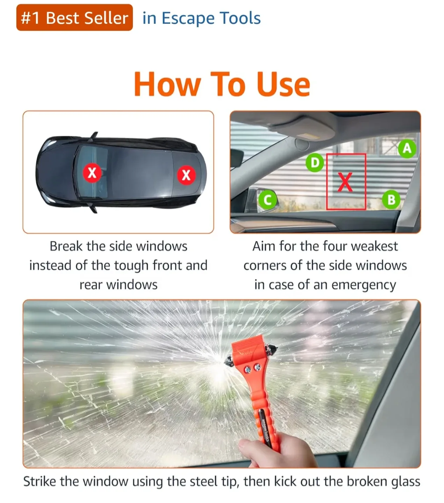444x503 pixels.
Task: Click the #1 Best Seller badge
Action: (74, 18)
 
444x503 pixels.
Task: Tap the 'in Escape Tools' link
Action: (202, 18)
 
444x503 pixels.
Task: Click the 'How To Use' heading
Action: (222, 84)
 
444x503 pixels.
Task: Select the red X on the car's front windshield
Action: (92, 173)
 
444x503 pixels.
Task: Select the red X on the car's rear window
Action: (186, 175)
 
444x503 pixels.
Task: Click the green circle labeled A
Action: (407, 149)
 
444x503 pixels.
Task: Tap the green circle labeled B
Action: (391, 200)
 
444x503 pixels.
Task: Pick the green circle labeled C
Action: (268, 200)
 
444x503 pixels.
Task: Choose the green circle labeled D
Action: (315, 163)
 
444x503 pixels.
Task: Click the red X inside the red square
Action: (345, 182)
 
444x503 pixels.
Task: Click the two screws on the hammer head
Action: (253, 367)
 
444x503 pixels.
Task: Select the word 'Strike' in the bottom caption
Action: (39, 481)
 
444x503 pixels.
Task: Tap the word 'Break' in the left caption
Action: (66, 246)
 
